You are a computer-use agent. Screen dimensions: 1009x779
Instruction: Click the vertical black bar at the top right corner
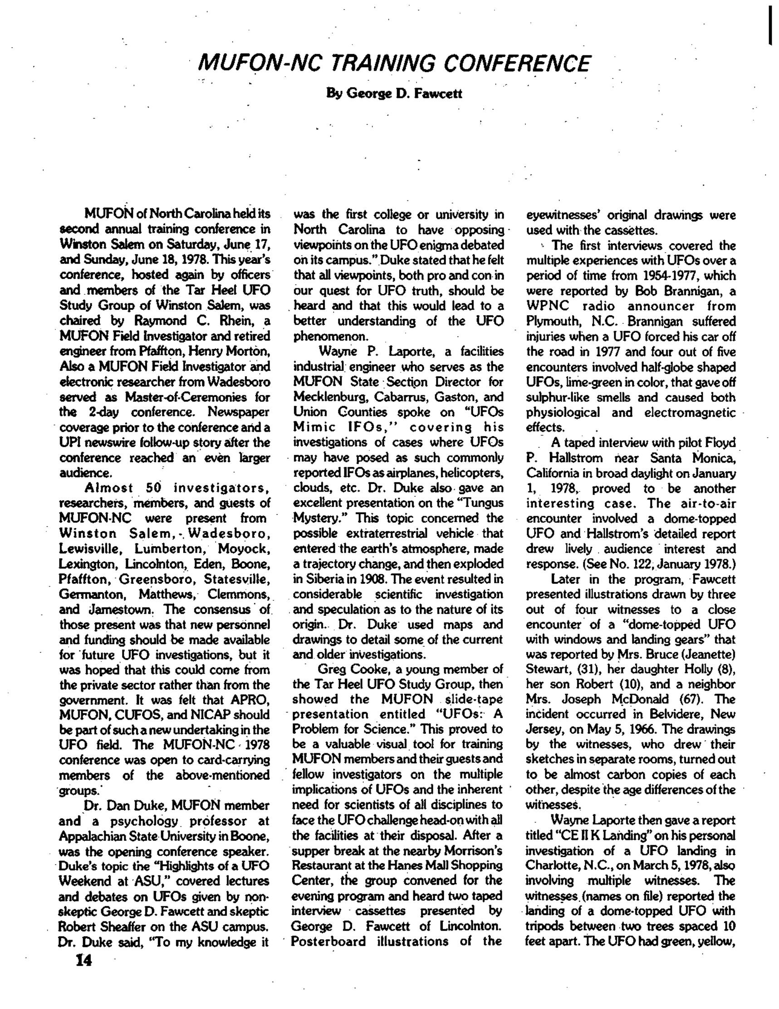point(771,25)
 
